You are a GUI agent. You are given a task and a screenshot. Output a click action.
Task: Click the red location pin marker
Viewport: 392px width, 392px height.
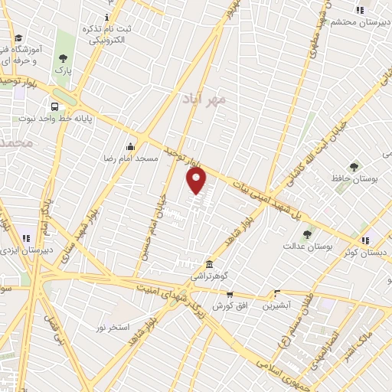197,181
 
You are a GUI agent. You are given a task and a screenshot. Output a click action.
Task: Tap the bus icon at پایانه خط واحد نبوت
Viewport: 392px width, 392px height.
55,106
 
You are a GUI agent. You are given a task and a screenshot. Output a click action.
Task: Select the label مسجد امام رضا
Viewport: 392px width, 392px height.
131,158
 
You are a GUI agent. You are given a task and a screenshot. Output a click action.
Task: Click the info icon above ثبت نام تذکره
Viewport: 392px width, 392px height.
106,17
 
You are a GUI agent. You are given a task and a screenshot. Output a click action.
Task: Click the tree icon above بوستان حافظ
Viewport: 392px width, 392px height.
353,166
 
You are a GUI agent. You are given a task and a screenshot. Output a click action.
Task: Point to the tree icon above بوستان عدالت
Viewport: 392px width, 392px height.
307,234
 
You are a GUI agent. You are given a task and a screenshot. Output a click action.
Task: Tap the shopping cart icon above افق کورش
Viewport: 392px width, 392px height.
229,294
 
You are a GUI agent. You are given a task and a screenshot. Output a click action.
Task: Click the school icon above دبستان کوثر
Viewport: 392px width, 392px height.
365,240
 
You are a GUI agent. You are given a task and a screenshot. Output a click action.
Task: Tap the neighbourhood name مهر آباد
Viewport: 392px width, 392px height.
206,99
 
